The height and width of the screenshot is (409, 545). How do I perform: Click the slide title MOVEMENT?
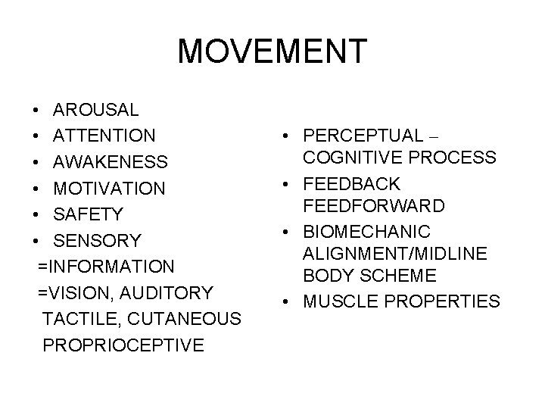pos(272,52)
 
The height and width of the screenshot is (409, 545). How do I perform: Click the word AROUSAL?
pos(96,110)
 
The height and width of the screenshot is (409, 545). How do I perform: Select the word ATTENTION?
pos(105,136)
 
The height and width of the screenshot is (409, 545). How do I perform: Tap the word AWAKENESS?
pos(111,163)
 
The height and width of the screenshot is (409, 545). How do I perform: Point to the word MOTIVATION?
pos(110,189)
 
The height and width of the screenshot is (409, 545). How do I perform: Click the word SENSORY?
pos(97,242)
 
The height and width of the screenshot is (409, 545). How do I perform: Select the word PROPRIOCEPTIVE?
pos(123,346)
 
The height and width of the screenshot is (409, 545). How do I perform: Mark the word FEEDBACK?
pos(352,184)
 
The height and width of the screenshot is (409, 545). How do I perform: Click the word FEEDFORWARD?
pos(374,206)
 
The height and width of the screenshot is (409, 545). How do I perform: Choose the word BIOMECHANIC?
pos(366,230)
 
